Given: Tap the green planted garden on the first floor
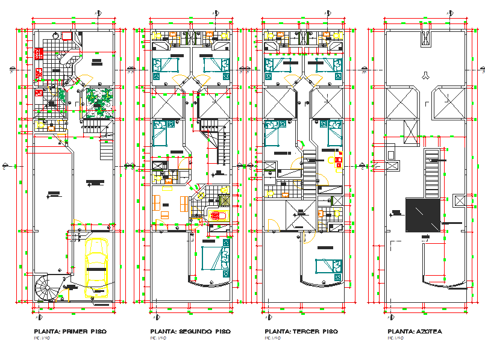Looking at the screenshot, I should click(x=99, y=102).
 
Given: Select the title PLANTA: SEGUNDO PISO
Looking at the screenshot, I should click(x=190, y=332).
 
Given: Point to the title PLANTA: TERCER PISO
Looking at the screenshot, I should click(x=301, y=332).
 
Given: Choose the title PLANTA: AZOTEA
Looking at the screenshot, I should click(x=415, y=332).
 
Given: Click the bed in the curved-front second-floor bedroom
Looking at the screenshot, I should click(x=212, y=259).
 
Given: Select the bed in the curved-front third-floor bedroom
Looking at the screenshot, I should click(x=326, y=265).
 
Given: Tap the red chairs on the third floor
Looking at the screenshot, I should click(x=335, y=159).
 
